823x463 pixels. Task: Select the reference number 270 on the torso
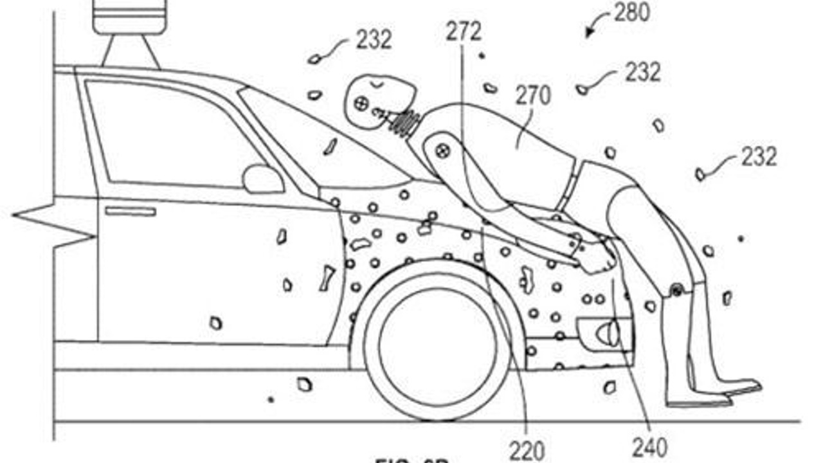[x=532, y=96]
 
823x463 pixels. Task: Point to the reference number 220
[x=527, y=449]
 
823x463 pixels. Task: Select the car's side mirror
[x=262, y=178]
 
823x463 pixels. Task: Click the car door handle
[x=130, y=211]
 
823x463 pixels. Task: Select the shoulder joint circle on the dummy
[x=442, y=151]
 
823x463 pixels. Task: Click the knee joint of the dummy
[x=676, y=291]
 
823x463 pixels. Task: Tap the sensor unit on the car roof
[x=131, y=16]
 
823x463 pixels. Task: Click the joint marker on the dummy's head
[x=361, y=101]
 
